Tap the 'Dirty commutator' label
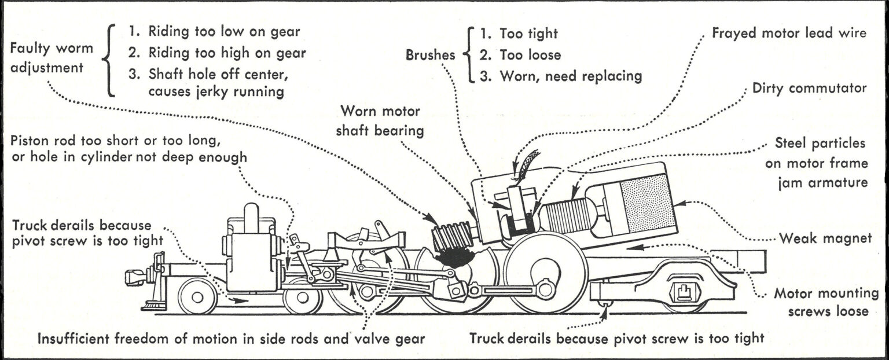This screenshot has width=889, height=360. point(809,89)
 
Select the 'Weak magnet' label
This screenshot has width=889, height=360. point(825,238)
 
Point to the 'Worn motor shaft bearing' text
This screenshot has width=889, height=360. point(381,120)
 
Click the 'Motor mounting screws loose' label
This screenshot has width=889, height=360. point(821,302)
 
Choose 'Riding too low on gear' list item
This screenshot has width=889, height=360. point(214,32)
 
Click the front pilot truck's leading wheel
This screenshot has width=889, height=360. point(197,296)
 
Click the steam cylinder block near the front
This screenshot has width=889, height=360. point(251,255)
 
